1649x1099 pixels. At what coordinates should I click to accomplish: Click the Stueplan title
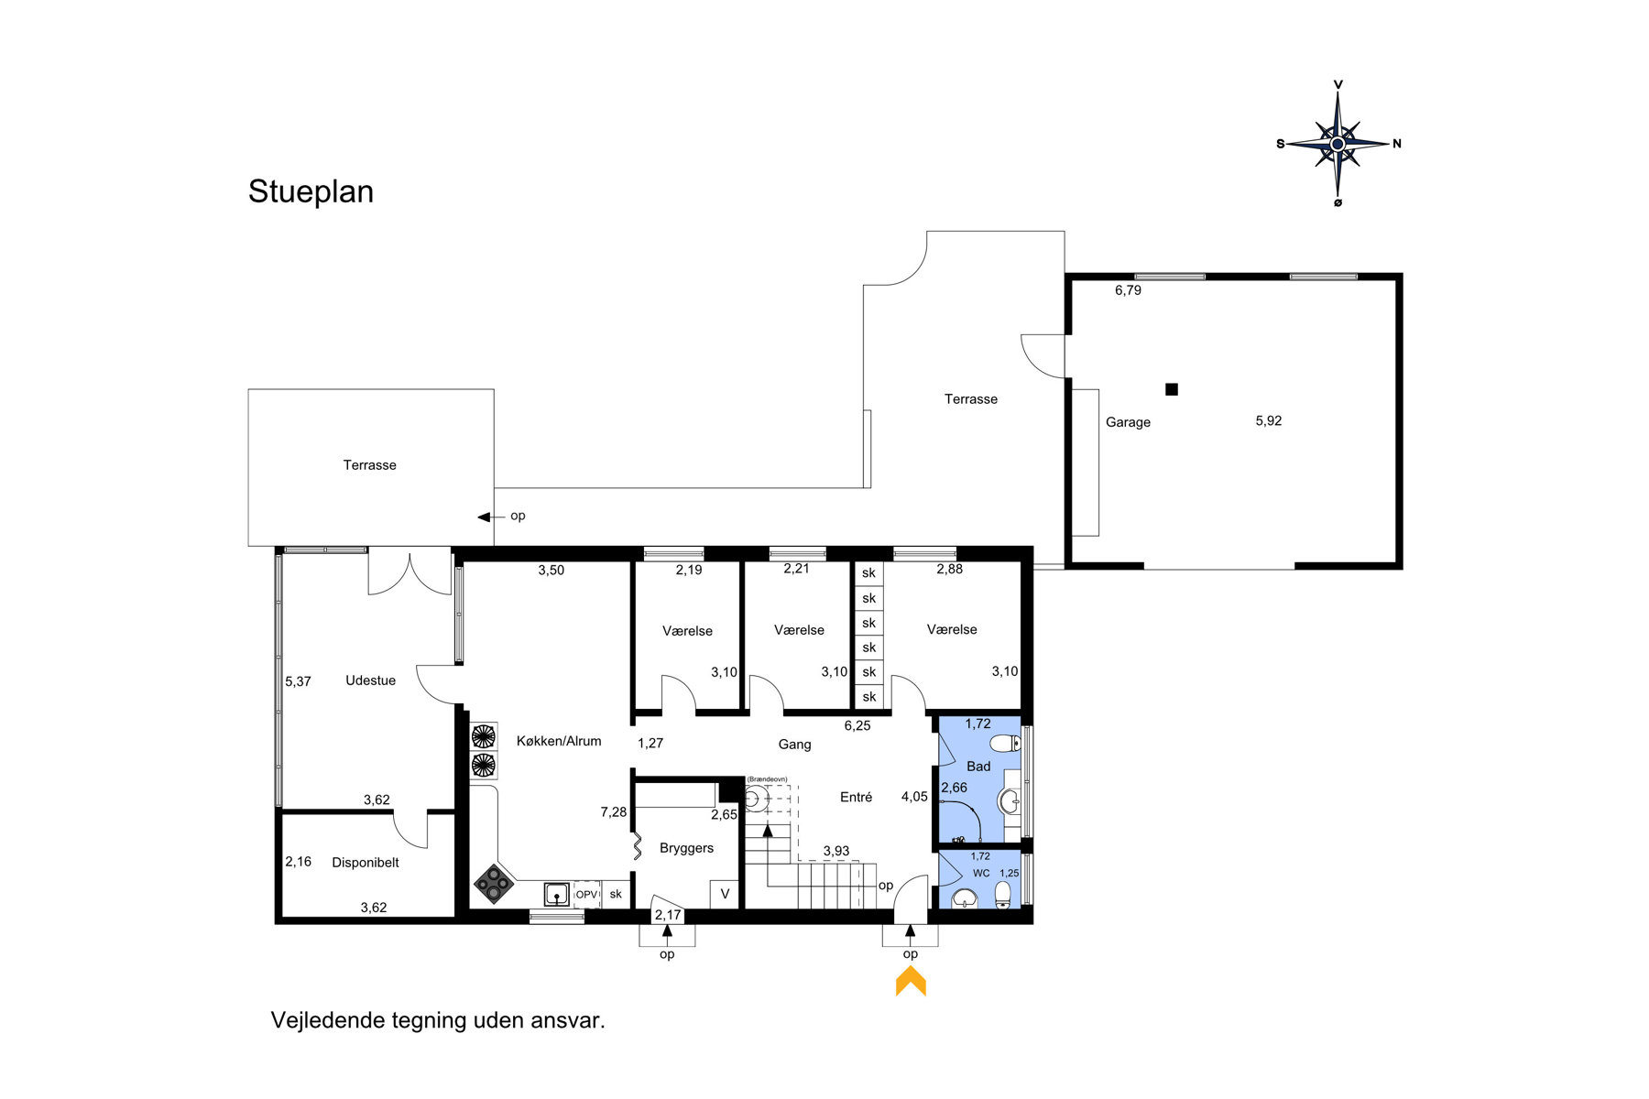click(311, 192)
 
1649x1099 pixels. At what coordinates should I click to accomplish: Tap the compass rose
click(1338, 144)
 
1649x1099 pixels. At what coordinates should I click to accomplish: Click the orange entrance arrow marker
click(911, 983)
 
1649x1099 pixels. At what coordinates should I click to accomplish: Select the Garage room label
click(1128, 422)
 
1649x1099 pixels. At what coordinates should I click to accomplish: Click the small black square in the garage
click(1171, 389)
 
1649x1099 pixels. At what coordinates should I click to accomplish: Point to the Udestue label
click(370, 680)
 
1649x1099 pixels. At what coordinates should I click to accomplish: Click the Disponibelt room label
click(366, 863)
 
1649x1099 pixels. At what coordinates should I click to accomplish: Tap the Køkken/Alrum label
click(559, 741)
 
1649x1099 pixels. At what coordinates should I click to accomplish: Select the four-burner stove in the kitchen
click(493, 884)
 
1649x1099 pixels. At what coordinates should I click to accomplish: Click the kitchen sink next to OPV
click(556, 893)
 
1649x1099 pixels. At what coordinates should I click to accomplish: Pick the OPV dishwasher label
click(586, 895)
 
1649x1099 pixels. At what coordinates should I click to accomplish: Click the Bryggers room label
click(686, 848)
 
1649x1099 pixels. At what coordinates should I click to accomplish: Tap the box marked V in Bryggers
click(725, 894)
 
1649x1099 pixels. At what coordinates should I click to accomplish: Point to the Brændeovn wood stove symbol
click(754, 800)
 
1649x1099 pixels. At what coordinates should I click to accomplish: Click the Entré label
click(856, 798)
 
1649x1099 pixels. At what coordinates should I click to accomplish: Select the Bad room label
click(978, 767)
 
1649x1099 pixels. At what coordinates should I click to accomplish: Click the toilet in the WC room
click(1002, 894)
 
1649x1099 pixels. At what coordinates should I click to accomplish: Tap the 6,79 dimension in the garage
click(1128, 290)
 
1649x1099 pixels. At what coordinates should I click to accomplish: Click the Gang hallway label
click(794, 745)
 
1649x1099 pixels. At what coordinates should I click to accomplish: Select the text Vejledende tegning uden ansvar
click(438, 1020)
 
